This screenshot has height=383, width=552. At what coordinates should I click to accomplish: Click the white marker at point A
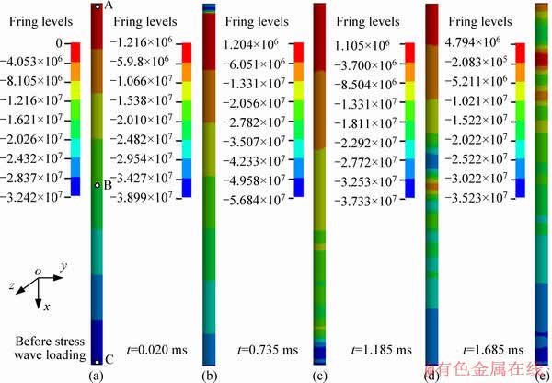click(x=97, y=7)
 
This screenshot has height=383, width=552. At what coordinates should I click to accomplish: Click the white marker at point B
click(x=97, y=185)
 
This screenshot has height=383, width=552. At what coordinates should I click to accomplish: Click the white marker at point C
click(x=97, y=359)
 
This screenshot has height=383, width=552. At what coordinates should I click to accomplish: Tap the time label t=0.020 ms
click(x=155, y=350)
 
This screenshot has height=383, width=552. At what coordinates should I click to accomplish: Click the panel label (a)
click(x=96, y=375)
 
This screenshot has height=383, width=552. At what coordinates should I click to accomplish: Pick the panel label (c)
click(x=320, y=375)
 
